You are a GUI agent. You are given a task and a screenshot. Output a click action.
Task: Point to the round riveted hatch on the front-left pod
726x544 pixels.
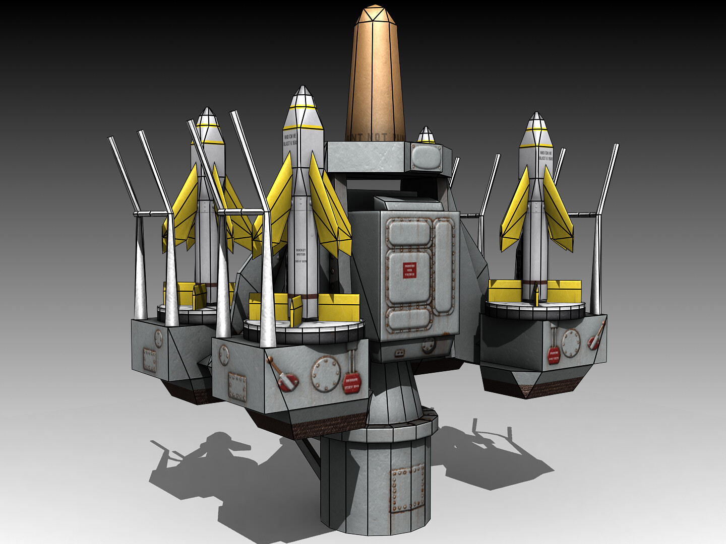(325, 374)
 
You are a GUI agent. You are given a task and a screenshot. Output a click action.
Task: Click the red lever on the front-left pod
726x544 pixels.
(284, 376)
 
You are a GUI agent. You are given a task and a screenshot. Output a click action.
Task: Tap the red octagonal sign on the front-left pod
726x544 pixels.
(351, 385)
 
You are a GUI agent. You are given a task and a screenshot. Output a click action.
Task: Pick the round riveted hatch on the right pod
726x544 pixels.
(571, 343)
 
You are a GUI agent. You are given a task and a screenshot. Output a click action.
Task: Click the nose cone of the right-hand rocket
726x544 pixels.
(536, 128)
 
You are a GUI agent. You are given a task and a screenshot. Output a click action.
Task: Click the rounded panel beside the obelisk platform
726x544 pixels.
(426, 157)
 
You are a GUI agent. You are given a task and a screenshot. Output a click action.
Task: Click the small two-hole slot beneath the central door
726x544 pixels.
(400, 352)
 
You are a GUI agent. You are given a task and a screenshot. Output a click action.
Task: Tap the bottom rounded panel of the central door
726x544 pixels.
(408, 321)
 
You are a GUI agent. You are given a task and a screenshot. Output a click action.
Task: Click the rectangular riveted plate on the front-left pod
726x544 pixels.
(237, 386)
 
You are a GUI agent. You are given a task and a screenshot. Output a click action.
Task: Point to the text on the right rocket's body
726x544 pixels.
(546, 155)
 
